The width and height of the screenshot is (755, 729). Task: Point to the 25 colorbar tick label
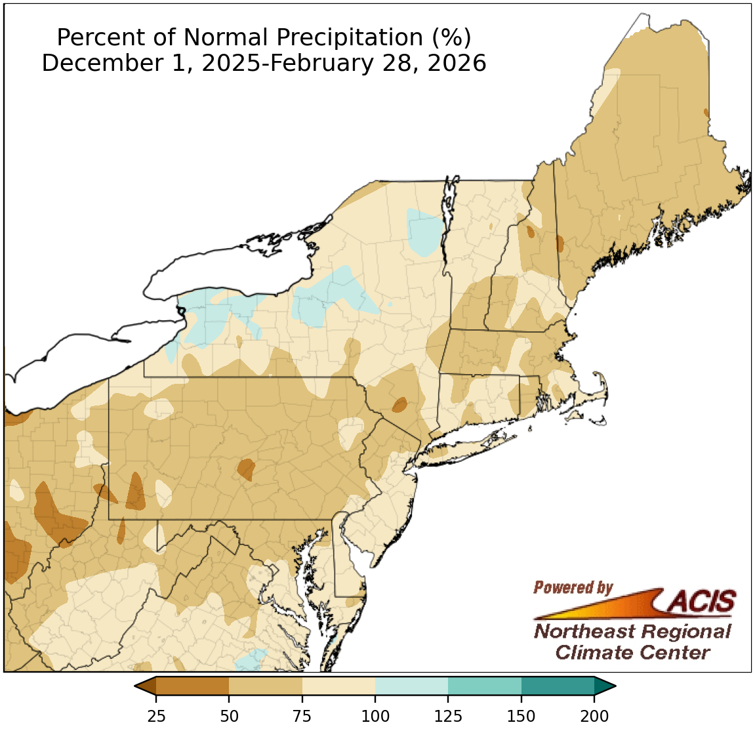(156, 715)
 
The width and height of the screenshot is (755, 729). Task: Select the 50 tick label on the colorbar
(229, 715)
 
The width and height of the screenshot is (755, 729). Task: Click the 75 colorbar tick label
(302, 715)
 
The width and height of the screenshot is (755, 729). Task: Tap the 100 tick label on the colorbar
(375, 715)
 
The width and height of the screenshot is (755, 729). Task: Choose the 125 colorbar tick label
(448, 715)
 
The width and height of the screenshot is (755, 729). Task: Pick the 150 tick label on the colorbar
(521, 715)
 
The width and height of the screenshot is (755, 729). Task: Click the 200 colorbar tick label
(594, 715)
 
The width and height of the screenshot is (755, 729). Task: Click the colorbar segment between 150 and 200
(558, 686)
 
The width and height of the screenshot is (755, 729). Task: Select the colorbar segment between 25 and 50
(193, 686)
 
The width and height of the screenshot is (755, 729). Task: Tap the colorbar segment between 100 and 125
(411, 686)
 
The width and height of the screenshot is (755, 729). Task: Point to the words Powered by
(573, 587)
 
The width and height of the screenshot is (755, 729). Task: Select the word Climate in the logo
(594, 653)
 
